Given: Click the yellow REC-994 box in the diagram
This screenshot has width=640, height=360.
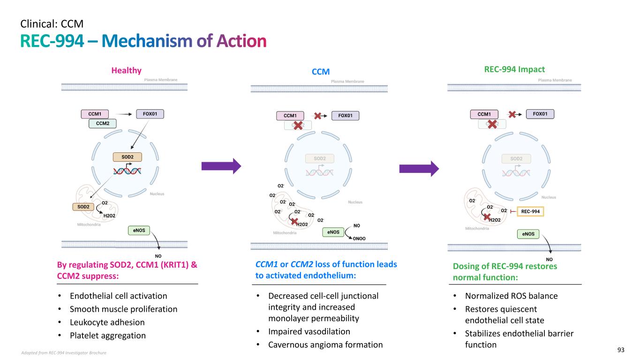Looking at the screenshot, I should coord(530,212).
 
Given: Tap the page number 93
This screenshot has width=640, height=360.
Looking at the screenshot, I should coord(621,350).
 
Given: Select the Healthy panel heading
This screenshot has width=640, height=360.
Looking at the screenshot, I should coord(126,70).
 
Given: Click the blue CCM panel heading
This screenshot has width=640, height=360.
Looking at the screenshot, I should coord(321,72).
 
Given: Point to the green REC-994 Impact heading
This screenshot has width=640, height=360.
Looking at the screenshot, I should coord(514,69).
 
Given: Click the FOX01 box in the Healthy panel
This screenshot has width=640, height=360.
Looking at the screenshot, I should coord(150,113).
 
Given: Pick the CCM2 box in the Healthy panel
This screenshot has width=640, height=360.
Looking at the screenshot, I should coord(103,123).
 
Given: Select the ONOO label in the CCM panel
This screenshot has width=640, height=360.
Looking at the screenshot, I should coord(359,238).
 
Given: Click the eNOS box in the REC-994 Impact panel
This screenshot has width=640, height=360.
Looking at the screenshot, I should coord(528,233).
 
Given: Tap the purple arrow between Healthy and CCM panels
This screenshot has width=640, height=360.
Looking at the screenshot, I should coord(221,165).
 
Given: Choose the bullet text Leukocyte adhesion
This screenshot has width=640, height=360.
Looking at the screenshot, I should coord(107,322).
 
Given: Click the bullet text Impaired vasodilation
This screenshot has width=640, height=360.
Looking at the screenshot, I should coord(309,331).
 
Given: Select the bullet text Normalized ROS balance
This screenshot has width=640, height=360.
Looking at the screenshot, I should coord(511,296).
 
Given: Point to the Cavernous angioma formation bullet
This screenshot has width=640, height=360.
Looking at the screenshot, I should coord(325,345).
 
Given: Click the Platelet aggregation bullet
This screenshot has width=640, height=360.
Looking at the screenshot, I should coord(107,335).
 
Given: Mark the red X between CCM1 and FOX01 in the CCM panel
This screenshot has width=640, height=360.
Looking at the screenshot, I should coord(317,115).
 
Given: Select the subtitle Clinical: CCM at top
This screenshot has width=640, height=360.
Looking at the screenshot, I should coord(52,22).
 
